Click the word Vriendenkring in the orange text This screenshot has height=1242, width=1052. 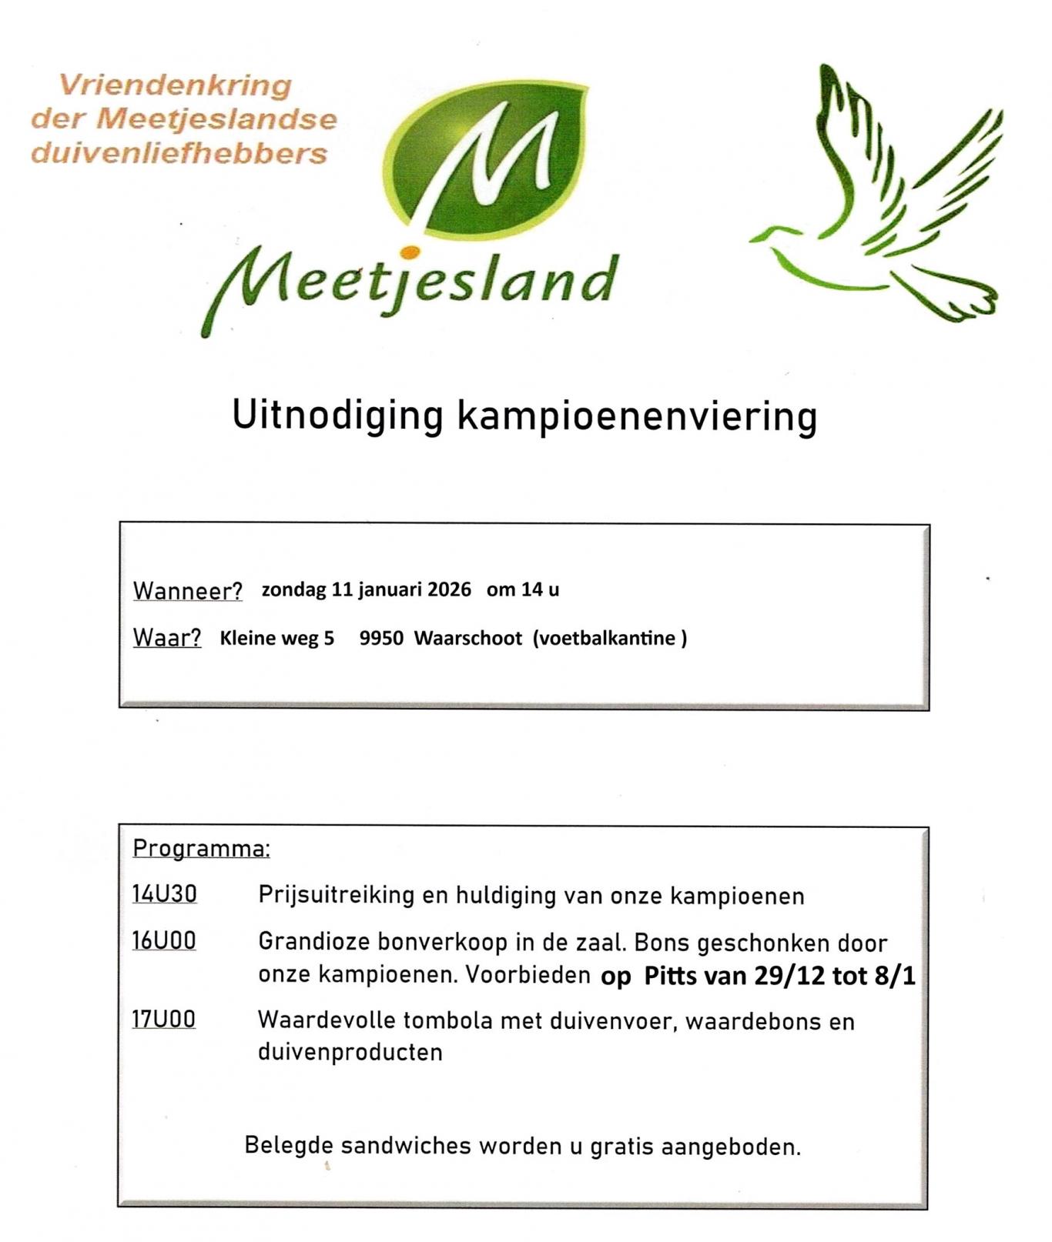click(176, 85)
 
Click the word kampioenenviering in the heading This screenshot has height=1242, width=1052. click(636, 416)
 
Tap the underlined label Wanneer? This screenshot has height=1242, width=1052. click(187, 591)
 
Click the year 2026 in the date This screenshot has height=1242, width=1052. click(449, 589)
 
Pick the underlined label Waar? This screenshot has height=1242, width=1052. click(167, 638)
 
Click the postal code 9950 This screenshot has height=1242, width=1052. click(381, 638)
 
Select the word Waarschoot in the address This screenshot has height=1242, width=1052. click(467, 638)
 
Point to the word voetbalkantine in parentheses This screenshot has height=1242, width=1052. click(607, 638)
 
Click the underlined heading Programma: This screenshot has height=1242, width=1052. click(201, 848)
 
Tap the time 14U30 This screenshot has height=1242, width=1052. click(165, 894)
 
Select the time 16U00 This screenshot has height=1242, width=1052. click(164, 941)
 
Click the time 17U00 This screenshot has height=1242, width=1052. click(164, 1020)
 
